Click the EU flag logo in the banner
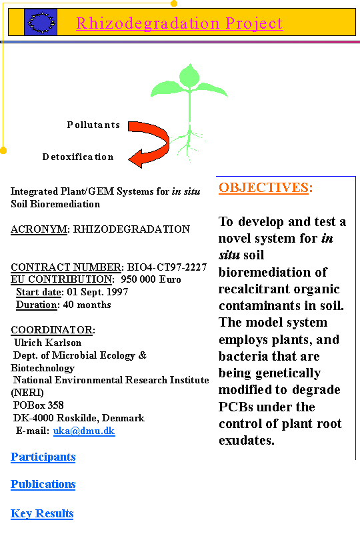[41, 23]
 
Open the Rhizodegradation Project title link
[179, 23]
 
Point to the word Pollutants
[93, 125]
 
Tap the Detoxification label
[78, 157]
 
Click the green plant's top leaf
[189, 76]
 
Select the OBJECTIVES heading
[265, 188]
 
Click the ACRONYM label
[39, 229]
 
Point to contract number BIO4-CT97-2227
[167, 267]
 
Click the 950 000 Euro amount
[151, 279]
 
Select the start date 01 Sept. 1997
[97, 292]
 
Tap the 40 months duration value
[87, 305]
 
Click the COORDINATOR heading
[53, 330]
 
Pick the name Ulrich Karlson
[47, 343]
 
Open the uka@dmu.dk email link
[84, 431]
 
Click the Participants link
[43, 457]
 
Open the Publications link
[43, 484]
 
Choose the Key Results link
[42, 513]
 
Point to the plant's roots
[188, 145]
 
